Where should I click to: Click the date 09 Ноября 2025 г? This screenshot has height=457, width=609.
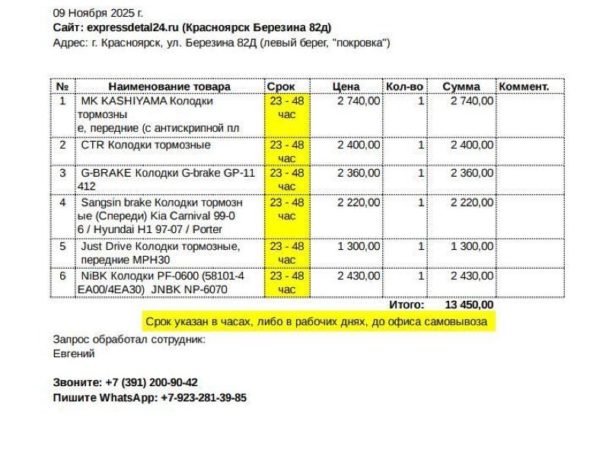[x=98, y=13]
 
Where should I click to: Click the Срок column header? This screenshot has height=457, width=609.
[x=281, y=87]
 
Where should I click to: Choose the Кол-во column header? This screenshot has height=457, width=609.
[x=404, y=87]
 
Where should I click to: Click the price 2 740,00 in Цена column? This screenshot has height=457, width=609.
[x=359, y=101]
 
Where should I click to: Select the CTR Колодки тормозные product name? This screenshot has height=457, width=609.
[x=145, y=145]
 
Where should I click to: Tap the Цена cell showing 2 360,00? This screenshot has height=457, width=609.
[x=359, y=173]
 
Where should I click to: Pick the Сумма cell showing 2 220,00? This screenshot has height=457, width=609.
[x=472, y=203]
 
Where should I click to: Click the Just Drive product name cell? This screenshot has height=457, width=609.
[x=160, y=253]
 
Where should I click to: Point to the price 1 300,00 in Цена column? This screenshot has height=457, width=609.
[x=359, y=246]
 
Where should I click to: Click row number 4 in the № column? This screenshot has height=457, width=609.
[x=63, y=203]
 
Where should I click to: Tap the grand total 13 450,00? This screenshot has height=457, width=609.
[x=469, y=305]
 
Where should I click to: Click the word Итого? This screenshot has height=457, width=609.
[x=407, y=305]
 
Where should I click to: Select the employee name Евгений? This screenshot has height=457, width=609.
[x=74, y=353]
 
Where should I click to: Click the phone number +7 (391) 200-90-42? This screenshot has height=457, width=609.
[x=151, y=382]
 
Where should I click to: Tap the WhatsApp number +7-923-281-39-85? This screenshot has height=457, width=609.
[x=203, y=398]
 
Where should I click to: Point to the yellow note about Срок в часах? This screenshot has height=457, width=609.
[x=317, y=322]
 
